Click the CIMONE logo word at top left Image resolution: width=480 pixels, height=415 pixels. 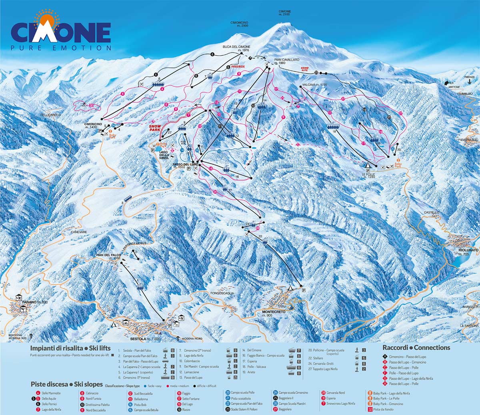pos(61,32)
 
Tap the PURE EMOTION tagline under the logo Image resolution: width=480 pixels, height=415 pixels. pos(61,48)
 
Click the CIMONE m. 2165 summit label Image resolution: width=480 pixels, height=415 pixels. pos(285,13)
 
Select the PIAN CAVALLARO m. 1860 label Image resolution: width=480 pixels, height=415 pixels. pos(287,61)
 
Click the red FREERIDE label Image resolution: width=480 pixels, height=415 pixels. pos(238,66)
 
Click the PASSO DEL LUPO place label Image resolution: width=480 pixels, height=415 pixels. pos(185,164)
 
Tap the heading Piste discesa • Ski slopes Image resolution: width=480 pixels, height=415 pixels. pos(66,384)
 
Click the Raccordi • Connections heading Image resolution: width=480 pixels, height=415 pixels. pos(416,347)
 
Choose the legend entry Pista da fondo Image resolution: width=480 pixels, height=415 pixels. pos(383,409)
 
